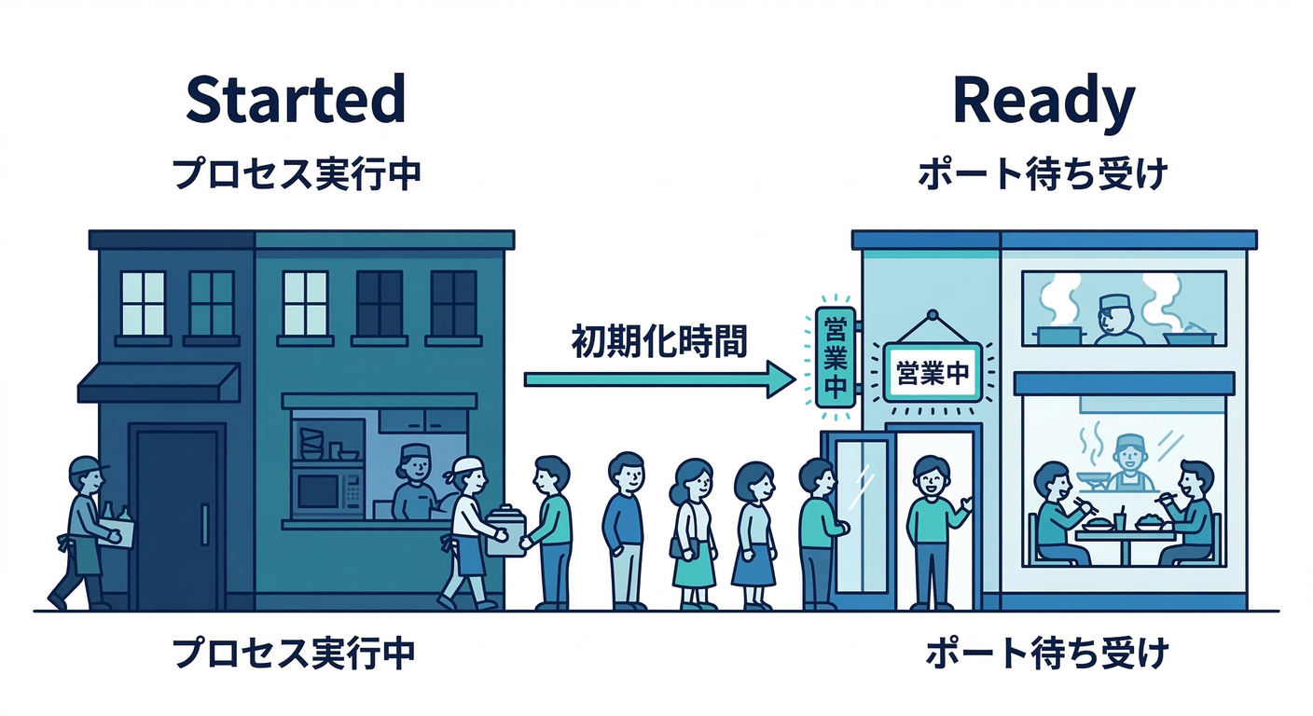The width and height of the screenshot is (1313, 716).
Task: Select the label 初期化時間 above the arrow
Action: click(x=659, y=342)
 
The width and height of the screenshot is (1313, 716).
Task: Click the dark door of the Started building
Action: click(x=177, y=517)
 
